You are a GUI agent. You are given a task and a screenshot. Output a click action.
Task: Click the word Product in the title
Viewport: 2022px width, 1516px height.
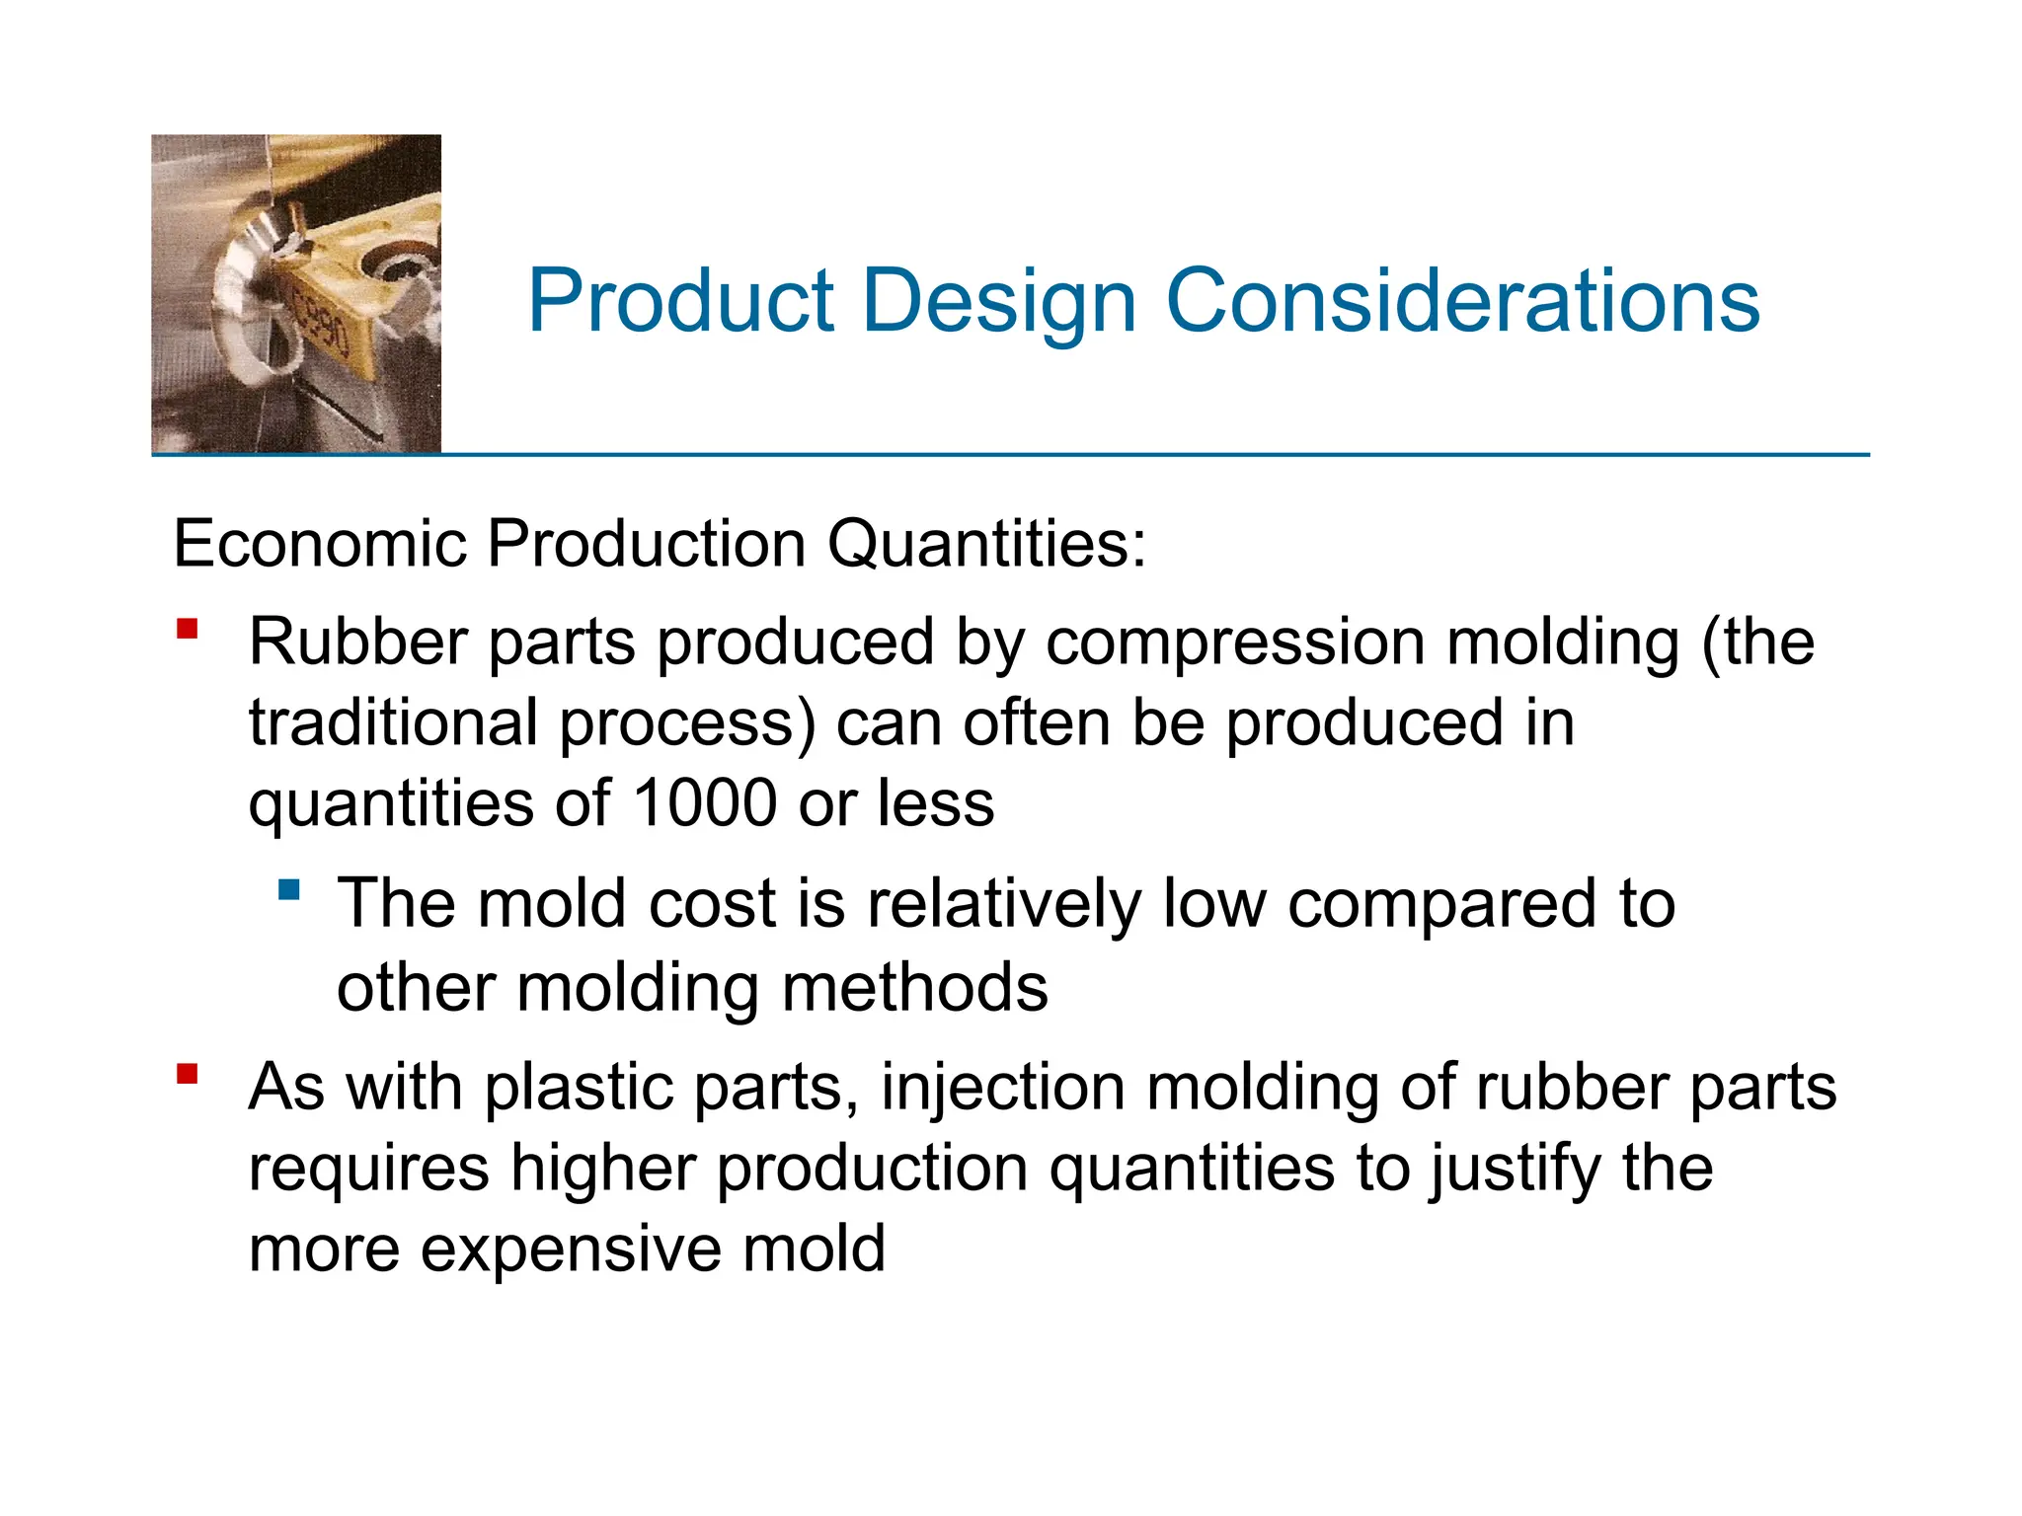pos(681,301)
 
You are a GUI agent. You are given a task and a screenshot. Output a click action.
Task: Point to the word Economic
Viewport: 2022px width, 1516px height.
pos(319,544)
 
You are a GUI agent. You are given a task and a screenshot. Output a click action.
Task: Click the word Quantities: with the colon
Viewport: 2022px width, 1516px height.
pos(986,544)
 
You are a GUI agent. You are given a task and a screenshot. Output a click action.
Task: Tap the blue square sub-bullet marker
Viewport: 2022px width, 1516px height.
pos(289,890)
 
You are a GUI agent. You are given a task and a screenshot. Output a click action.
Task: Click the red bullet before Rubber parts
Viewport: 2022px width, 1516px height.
pos(188,629)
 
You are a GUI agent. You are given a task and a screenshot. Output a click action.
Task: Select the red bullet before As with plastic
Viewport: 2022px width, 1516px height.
pos(188,1073)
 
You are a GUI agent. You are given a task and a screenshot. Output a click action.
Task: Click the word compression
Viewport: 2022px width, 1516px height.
pos(1234,644)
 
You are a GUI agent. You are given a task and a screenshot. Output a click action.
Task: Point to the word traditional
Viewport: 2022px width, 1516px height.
pos(393,722)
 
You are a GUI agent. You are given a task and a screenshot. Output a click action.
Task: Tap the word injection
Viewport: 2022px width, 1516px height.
pos(1002,1089)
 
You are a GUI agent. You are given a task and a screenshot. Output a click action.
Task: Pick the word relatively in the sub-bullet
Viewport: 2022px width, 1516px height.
pos(1003,905)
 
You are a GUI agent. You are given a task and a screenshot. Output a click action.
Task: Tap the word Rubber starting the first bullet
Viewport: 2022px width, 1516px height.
pos(357,643)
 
